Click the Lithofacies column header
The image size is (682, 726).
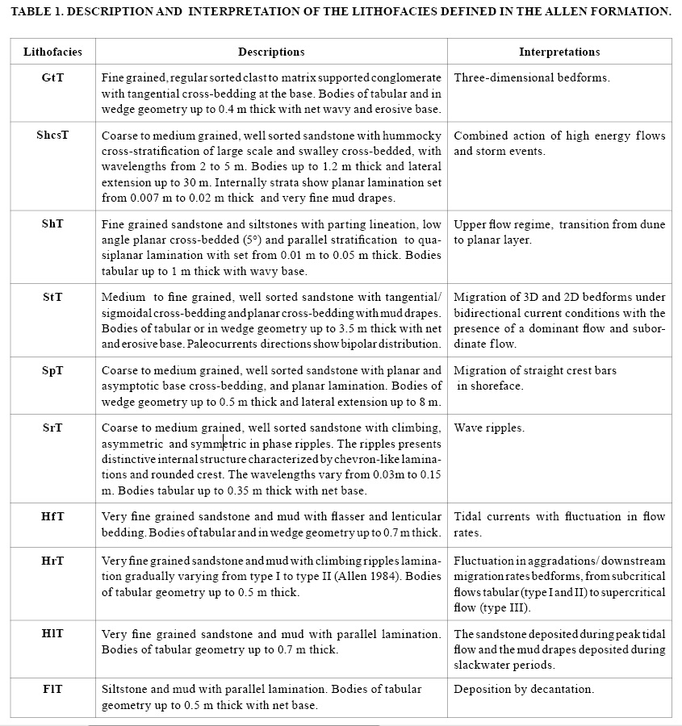[x=52, y=52]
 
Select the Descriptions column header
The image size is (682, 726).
[x=271, y=52]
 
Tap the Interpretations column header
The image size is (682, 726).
[x=559, y=52]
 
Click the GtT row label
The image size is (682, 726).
[x=52, y=78]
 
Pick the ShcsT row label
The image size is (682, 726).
[x=52, y=136]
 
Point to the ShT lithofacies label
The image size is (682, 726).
[x=52, y=223]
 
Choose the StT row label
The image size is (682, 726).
[x=52, y=298]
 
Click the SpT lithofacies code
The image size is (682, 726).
[x=52, y=371]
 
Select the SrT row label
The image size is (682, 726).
[x=52, y=428]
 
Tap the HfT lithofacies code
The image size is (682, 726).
[x=52, y=516]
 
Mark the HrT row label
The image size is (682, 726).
[x=52, y=561]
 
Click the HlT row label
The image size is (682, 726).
[x=52, y=634]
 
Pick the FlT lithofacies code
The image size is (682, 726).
[x=52, y=690]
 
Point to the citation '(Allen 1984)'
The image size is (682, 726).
[x=349, y=576]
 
